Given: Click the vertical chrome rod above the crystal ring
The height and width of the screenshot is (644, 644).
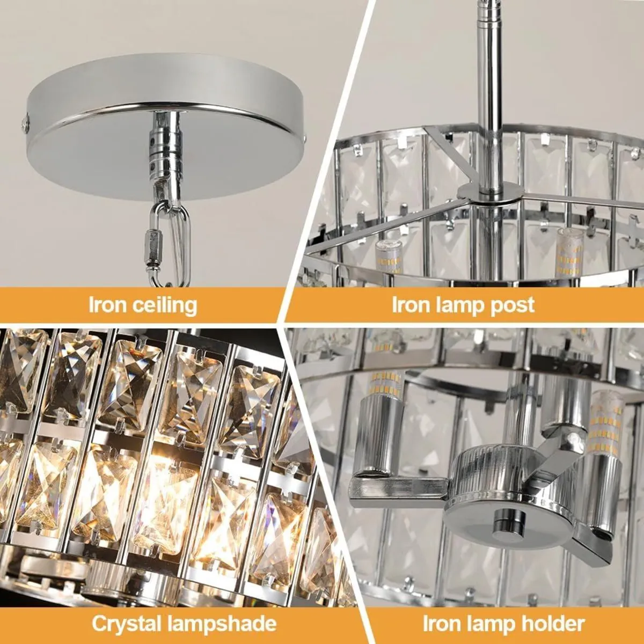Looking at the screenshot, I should tap(489, 80).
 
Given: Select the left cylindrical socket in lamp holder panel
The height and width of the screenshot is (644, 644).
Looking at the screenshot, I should tap(382, 435).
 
